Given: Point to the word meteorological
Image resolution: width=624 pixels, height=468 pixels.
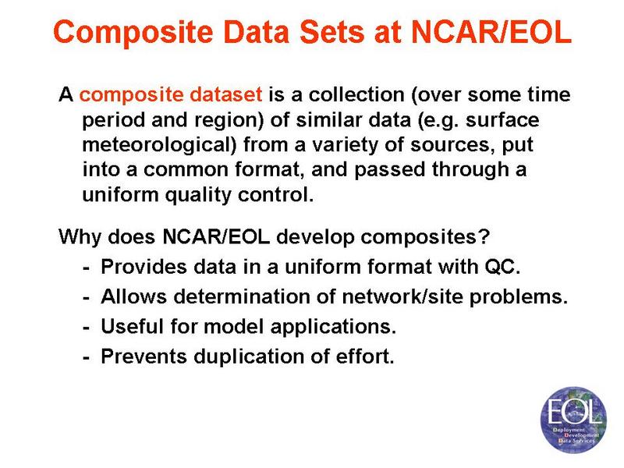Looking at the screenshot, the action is point(159,145).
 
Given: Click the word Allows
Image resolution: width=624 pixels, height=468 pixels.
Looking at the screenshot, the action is point(133,296).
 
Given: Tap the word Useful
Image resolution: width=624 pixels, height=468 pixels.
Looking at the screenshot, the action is point(133,326).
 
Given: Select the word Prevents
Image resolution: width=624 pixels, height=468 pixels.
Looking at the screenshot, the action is point(144,356).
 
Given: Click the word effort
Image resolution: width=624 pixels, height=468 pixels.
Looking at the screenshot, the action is point(365,356).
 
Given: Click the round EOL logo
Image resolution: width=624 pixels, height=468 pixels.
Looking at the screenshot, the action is point(573,420).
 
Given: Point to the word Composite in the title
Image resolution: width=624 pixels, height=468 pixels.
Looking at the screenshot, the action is point(133,32).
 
